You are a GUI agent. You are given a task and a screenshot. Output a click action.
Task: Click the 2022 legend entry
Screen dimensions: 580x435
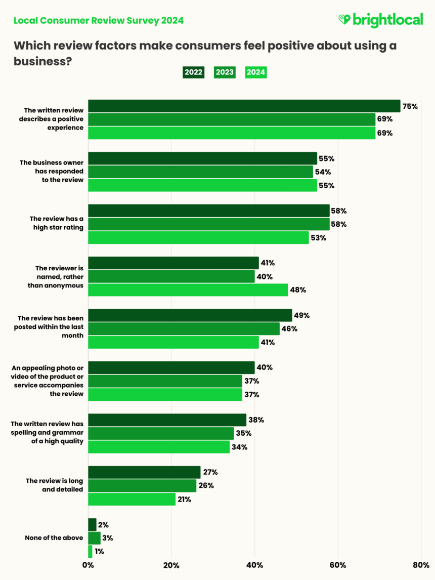pos(193,72)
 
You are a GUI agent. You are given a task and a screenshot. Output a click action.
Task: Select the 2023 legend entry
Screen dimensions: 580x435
pos(225,72)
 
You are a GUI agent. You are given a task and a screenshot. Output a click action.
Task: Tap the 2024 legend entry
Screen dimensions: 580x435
pos(256,72)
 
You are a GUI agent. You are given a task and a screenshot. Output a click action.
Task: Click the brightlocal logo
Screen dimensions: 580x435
pos(380,20)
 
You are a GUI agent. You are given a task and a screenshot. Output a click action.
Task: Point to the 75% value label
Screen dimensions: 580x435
pos(410,106)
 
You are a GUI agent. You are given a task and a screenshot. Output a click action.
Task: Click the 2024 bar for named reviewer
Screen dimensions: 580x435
pos(188,290)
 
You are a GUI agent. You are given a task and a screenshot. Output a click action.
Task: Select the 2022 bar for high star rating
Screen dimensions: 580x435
pos(209,211)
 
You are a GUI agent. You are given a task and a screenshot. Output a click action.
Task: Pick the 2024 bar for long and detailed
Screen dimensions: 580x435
pos(132,499)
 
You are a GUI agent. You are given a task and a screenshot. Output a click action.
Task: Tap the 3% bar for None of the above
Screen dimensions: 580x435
pos(94,538)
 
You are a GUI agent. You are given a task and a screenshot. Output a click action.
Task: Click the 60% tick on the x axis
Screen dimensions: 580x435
pos(338,565)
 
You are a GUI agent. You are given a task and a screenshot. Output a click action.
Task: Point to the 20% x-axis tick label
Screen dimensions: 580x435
pos(171,565)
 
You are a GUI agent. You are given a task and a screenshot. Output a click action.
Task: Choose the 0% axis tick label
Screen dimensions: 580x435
pos(89,565)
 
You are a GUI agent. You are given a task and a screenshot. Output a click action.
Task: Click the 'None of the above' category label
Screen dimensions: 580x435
pos(54,538)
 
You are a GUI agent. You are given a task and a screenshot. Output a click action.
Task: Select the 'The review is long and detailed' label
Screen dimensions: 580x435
pos(54,485)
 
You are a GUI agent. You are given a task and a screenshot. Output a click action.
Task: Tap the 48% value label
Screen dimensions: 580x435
pos(298,290)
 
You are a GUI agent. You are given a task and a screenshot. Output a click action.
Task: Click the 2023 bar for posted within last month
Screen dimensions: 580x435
pos(184,329)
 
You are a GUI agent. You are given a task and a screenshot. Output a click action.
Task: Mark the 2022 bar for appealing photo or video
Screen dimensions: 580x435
pos(171,367)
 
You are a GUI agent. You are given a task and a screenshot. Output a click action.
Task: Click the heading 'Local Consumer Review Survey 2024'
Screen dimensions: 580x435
pos(99,21)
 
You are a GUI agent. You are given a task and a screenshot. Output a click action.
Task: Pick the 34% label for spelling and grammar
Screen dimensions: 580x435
pos(240,447)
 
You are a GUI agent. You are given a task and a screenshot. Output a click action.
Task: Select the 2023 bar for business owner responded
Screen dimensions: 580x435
pos(201,172)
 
